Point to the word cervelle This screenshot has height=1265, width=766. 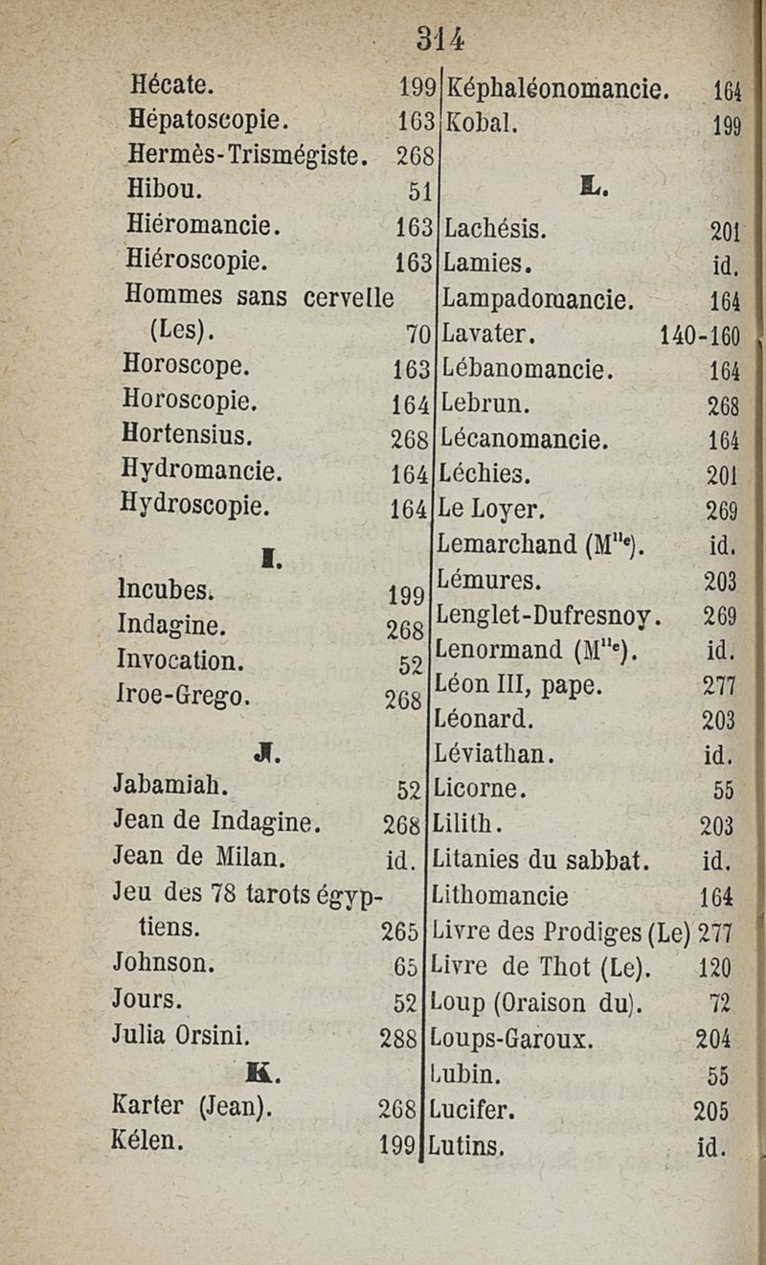348,297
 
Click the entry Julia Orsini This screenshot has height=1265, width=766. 181,1035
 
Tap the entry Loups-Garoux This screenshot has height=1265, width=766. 512,1038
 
